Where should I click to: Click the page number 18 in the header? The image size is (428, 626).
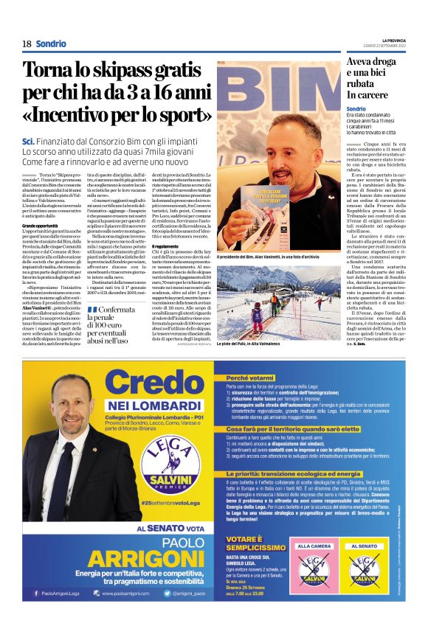[x=27, y=44]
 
